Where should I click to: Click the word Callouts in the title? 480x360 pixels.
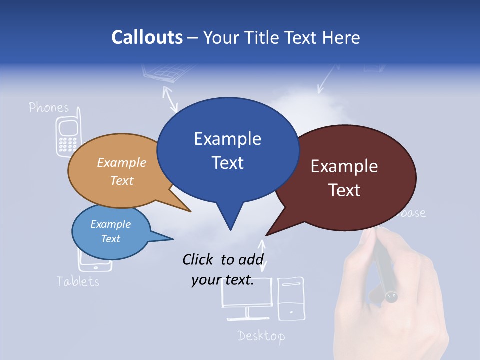coord(147,37)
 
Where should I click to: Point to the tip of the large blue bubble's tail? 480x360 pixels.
coord(230,229)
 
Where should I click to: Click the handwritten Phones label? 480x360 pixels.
coord(48,107)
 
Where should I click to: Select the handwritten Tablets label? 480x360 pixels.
coord(78,281)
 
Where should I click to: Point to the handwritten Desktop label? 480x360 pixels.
coord(261,335)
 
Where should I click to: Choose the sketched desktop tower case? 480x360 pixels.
coord(290,298)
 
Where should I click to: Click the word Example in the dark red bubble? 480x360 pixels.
coord(344,166)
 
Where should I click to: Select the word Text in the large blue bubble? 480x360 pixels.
coord(228,162)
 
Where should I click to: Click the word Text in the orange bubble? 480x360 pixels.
coord(122,180)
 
